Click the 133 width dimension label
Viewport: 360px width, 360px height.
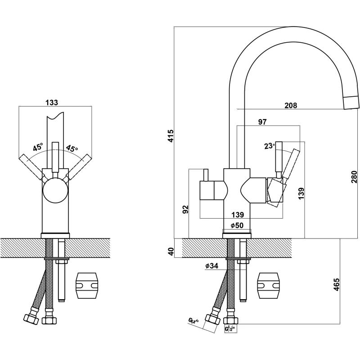click(52, 103)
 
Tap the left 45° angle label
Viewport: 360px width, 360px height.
click(37, 147)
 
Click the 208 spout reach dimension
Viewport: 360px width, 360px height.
click(291, 106)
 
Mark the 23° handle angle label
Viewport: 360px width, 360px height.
click(269, 146)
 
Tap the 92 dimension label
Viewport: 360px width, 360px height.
click(185, 209)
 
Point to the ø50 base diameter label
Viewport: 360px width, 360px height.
click(237, 225)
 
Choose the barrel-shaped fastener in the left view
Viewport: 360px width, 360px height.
click(87, 285)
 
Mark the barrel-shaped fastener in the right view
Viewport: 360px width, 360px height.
click(269, 285)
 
